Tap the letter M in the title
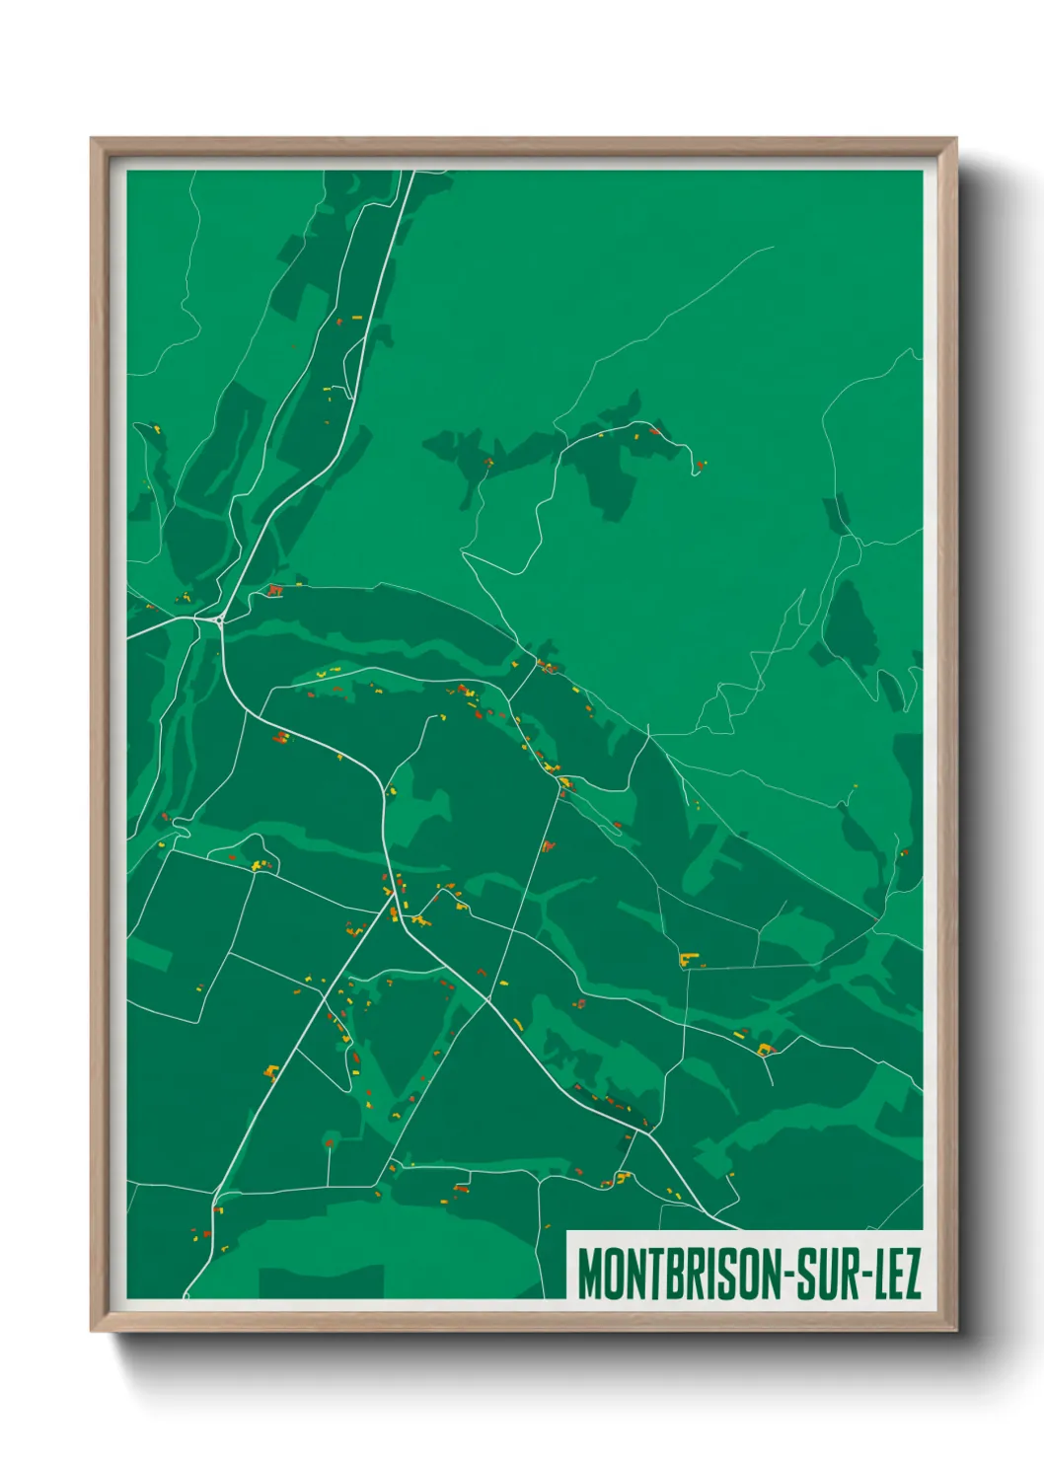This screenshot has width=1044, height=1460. coord(588,1274)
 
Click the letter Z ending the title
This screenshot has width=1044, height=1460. coord(913,1274)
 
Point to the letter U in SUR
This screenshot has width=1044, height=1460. coord(826,1274)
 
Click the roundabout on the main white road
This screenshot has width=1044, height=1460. coord(217,620)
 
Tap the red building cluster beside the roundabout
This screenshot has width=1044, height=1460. coord(274,590)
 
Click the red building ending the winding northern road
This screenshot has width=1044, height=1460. coord(700,464)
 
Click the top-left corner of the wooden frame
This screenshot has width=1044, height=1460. coord(92,139)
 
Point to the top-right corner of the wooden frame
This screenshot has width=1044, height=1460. coord(956,139)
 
